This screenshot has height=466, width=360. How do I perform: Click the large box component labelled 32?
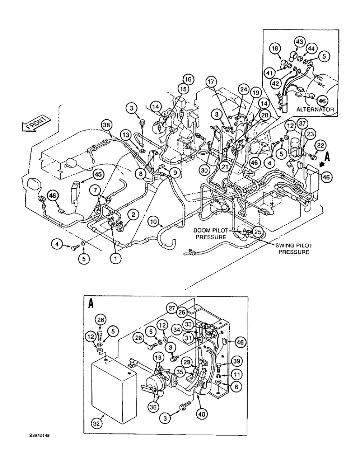pyautogui.click(x=111, y=389)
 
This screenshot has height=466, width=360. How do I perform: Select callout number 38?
pyautogui.click(x=107, y=125)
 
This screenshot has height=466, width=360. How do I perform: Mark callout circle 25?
pyautogui.click(x=258, y=231)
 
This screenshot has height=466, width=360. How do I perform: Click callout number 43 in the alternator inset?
pyautogui.click(x=299, y=42)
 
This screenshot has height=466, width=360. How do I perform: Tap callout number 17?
pyautogui.click(x=211, y=82)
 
